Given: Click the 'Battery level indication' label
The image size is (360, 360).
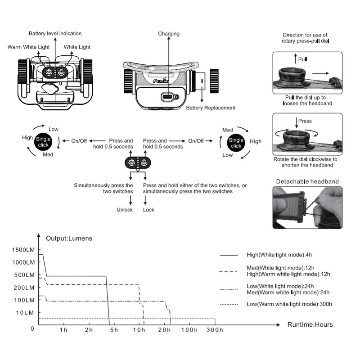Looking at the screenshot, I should (x=55, y=34).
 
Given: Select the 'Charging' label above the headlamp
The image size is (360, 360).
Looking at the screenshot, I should (x=169, y=34).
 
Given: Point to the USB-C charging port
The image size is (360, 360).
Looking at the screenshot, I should (x=169, y=96).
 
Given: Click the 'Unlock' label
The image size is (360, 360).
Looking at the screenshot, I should (x=125, y=210).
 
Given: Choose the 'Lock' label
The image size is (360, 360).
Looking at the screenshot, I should (x=148, y=210).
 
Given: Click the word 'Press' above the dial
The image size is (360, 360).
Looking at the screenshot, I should (x=305, y=121).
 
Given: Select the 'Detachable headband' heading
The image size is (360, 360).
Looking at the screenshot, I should (x=307, y=181).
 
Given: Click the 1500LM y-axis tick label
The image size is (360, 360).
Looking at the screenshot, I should (x=23, y=250).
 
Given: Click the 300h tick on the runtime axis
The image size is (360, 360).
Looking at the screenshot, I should (x=215, y=331).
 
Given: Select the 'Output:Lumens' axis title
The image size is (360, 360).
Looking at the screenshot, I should (x=69, y=238).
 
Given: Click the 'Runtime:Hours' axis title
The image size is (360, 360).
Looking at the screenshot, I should (x=310, y=324).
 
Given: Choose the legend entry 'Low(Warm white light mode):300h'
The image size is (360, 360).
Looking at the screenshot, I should (x=289, y=304).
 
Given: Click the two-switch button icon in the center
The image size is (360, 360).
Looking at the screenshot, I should (x=138, y=163).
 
